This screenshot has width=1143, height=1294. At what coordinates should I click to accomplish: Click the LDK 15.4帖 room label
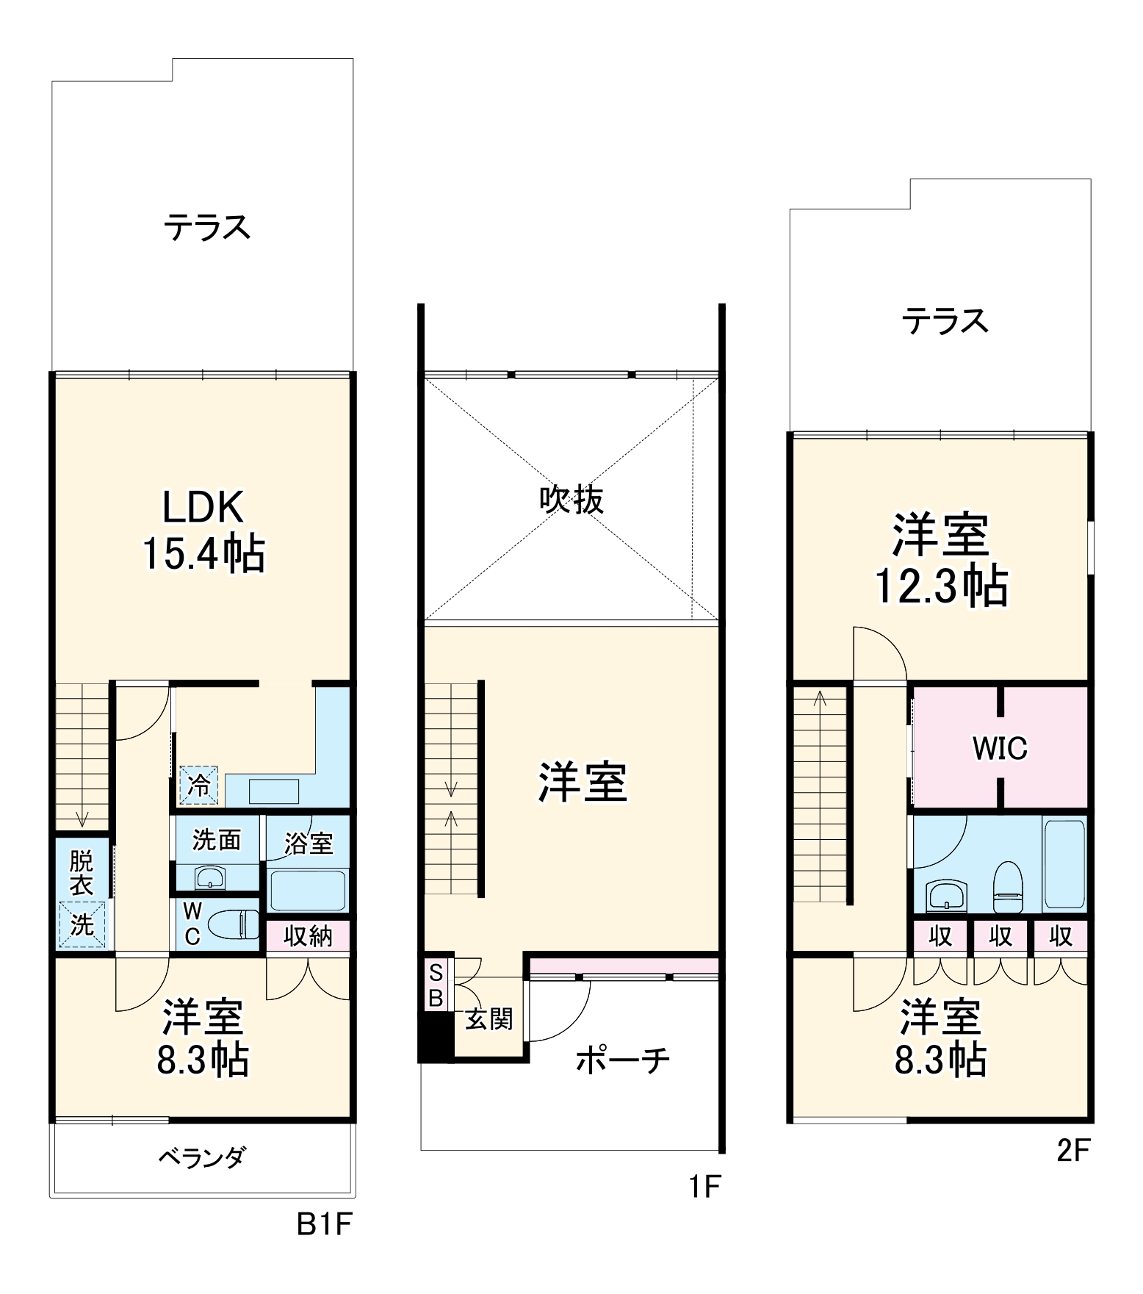coord(203,530)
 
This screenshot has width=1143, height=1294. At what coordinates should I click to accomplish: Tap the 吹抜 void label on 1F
coord(571,500)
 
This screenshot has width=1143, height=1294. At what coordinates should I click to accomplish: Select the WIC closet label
coord(999,748)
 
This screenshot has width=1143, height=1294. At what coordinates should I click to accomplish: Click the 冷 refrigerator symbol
coord(198,785)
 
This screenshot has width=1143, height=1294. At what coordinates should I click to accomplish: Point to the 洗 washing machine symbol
coord(82,924)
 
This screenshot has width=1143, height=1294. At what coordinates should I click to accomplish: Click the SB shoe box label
coord(436,985)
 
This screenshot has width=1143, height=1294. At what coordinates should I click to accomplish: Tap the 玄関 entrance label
coord(488,1018)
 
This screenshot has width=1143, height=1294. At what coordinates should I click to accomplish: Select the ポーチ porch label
coord(622,1060)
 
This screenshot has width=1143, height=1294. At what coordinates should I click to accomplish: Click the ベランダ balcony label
coord(202,1157)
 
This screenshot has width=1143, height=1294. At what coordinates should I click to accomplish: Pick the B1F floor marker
coord(324,1224)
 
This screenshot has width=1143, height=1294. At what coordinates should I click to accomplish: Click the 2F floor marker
coord(1073,1150)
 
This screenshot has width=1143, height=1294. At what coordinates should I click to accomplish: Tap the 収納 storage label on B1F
coord(308,936)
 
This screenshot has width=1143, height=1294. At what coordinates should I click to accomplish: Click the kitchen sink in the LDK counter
coord(274,791)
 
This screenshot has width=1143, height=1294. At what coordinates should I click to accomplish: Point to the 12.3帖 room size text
coord(941,586)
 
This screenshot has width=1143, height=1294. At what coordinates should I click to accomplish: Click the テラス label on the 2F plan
coord(945,321)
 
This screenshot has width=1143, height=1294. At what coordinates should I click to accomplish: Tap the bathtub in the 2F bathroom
coord(1064,863)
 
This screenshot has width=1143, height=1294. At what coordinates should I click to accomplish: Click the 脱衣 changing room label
coord(82,872)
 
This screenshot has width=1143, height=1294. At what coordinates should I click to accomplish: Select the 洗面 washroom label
coord(217,839)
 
